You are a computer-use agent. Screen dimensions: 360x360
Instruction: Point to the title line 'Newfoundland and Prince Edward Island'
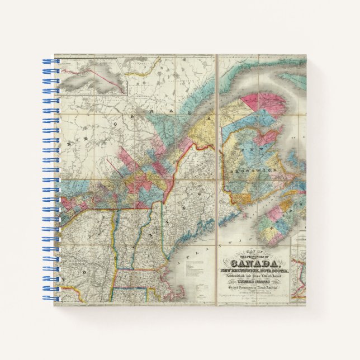tap(253, 277)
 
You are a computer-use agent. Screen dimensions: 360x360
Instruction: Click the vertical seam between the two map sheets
tap(216, 179)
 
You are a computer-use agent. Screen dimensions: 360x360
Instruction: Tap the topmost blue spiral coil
tap(48, 59)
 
